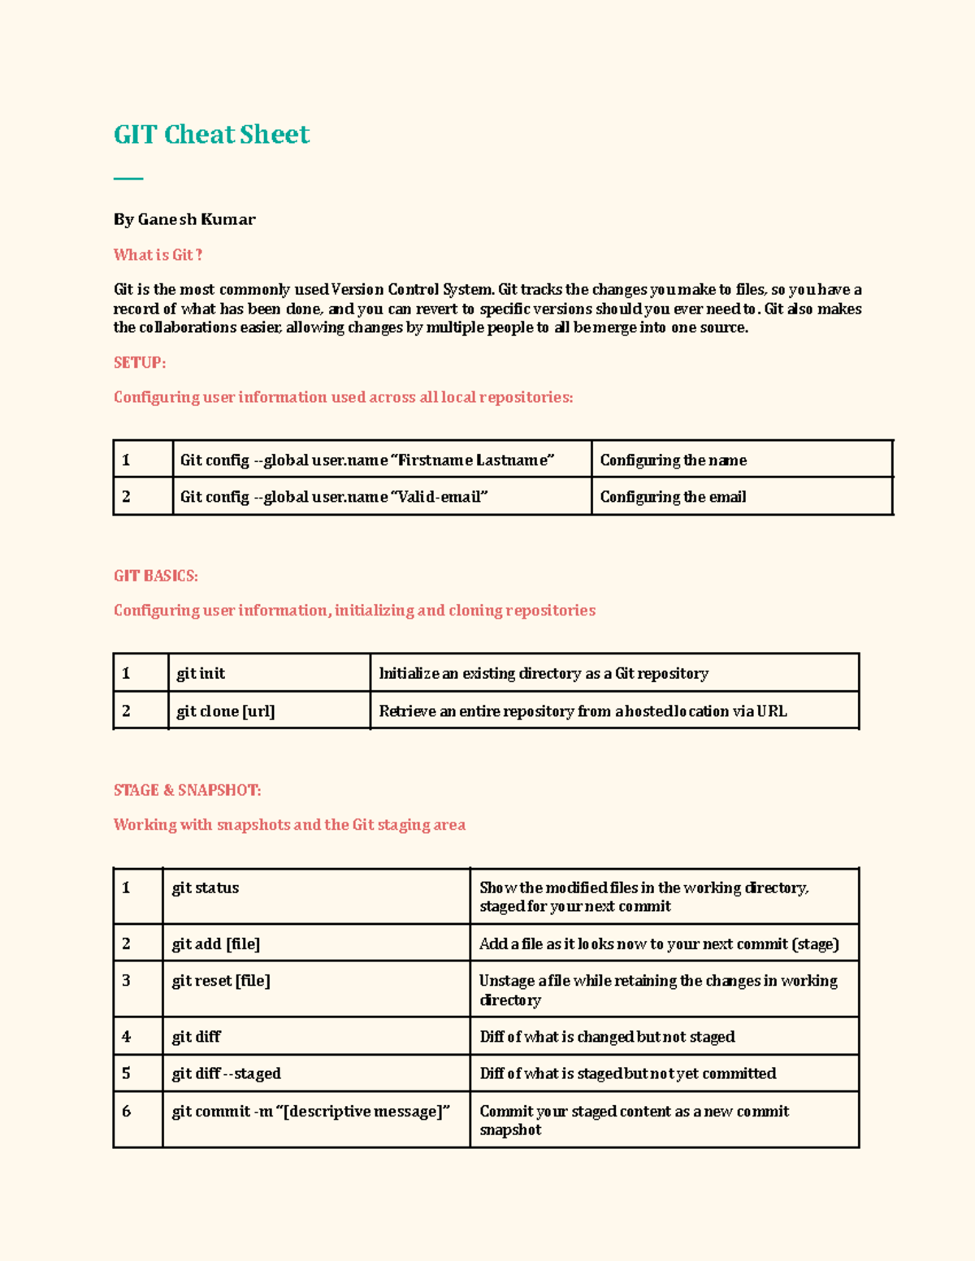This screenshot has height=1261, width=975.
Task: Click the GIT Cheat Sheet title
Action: pyautogui.click(x=211, y=134)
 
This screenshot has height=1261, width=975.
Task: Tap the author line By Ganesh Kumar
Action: pyautogui.click(x=184, y=219)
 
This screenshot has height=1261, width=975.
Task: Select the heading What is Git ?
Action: pyautogui.click(x=158, y=255)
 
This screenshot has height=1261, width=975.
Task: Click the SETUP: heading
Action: pyautogui.click(x=140, y=363)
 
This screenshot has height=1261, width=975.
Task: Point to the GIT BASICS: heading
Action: pyautogui.click(x=155, y=576)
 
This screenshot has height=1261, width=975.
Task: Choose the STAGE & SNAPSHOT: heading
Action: pyautogui.click(x=187, y=790)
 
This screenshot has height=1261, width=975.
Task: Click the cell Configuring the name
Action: pyautogui.click(x=673, y=460)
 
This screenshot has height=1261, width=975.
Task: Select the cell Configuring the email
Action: pyautogui.click(x=673, y=497)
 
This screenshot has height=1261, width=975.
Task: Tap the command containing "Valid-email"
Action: pyautogui.click(x=334, y=497)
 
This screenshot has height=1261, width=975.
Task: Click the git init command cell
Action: pyautogui.click(x=201, y=673)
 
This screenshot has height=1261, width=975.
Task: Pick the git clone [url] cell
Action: pyautogui.click(x=226, y=711)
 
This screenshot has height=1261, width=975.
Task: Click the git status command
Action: pyautogui.click(x=206, y=887)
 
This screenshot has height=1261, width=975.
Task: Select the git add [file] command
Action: pyautogui.click(x=216, y=944)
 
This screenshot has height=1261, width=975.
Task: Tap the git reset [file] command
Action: pyautogui.click(x=221, y=981)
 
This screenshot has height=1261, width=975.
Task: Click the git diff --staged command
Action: pyautogui.click(x=227, y=1073)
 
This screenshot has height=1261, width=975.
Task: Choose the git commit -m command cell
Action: pyautogui.click(x=310, y=1112)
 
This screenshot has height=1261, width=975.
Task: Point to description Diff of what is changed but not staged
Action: pyautogui.click(x=607, y=1037)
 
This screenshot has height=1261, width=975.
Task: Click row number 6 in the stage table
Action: pyautogui.click(x=126, y=1112)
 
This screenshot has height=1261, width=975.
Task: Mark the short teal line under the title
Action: pyautogui.click(x=128, y=178)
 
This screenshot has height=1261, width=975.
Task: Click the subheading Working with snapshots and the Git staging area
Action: pyautogui.click(x=289, y=825)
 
